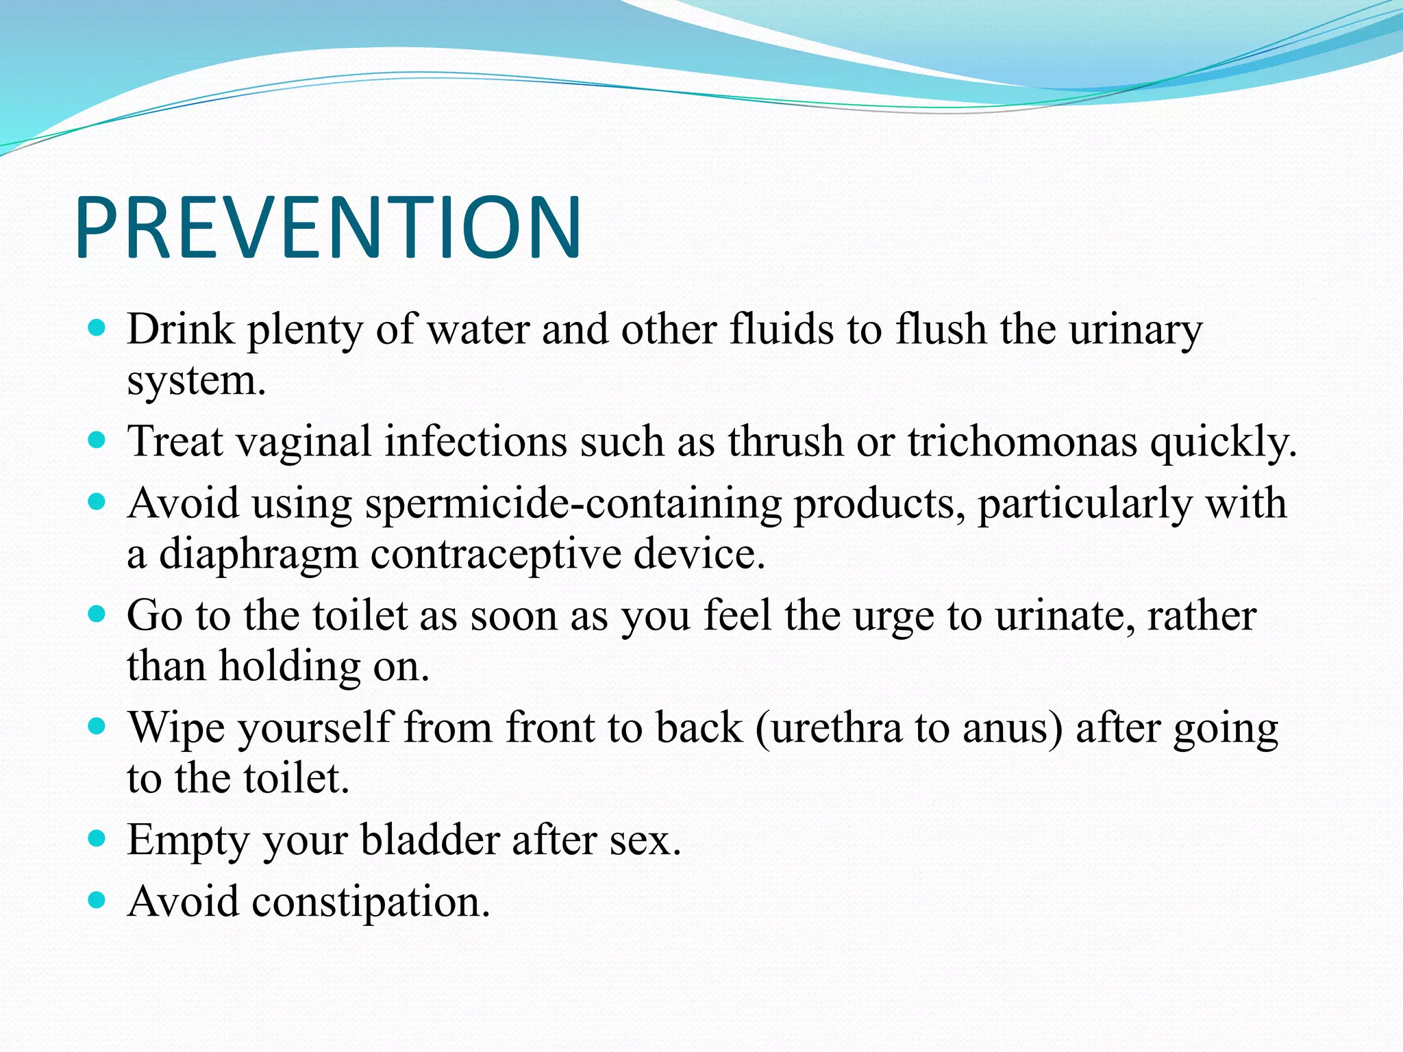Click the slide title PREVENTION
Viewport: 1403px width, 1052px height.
tap(329, 227)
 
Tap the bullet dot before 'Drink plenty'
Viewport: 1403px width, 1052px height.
tap(97, 328)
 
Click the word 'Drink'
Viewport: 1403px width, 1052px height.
tap(181, 329)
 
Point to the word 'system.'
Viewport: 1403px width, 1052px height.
tap(197, 381)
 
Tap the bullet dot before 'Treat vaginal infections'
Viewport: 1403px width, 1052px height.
tap(97, 440)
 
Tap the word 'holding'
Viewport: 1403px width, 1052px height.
tap(289, 666)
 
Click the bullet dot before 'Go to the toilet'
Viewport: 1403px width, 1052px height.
tap(97, 614)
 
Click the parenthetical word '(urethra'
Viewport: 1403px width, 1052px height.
tap(829, 727)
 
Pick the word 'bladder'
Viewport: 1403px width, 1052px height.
tap(430, 840)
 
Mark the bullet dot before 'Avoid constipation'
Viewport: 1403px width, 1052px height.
tap(97, 899)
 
